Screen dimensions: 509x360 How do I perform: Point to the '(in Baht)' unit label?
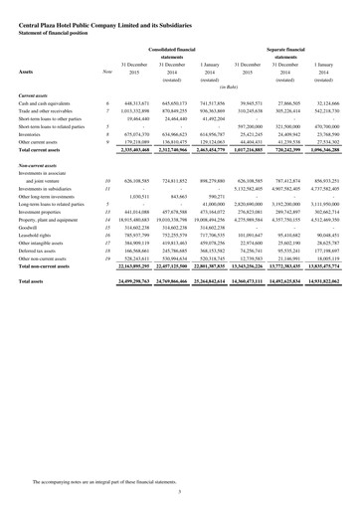coord(238,88)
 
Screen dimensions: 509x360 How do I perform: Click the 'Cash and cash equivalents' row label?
coord(49,103)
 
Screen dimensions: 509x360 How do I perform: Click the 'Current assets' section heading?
coord(37,94)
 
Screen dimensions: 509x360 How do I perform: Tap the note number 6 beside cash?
coord(106,103)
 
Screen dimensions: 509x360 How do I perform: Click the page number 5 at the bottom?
coord(180,492)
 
